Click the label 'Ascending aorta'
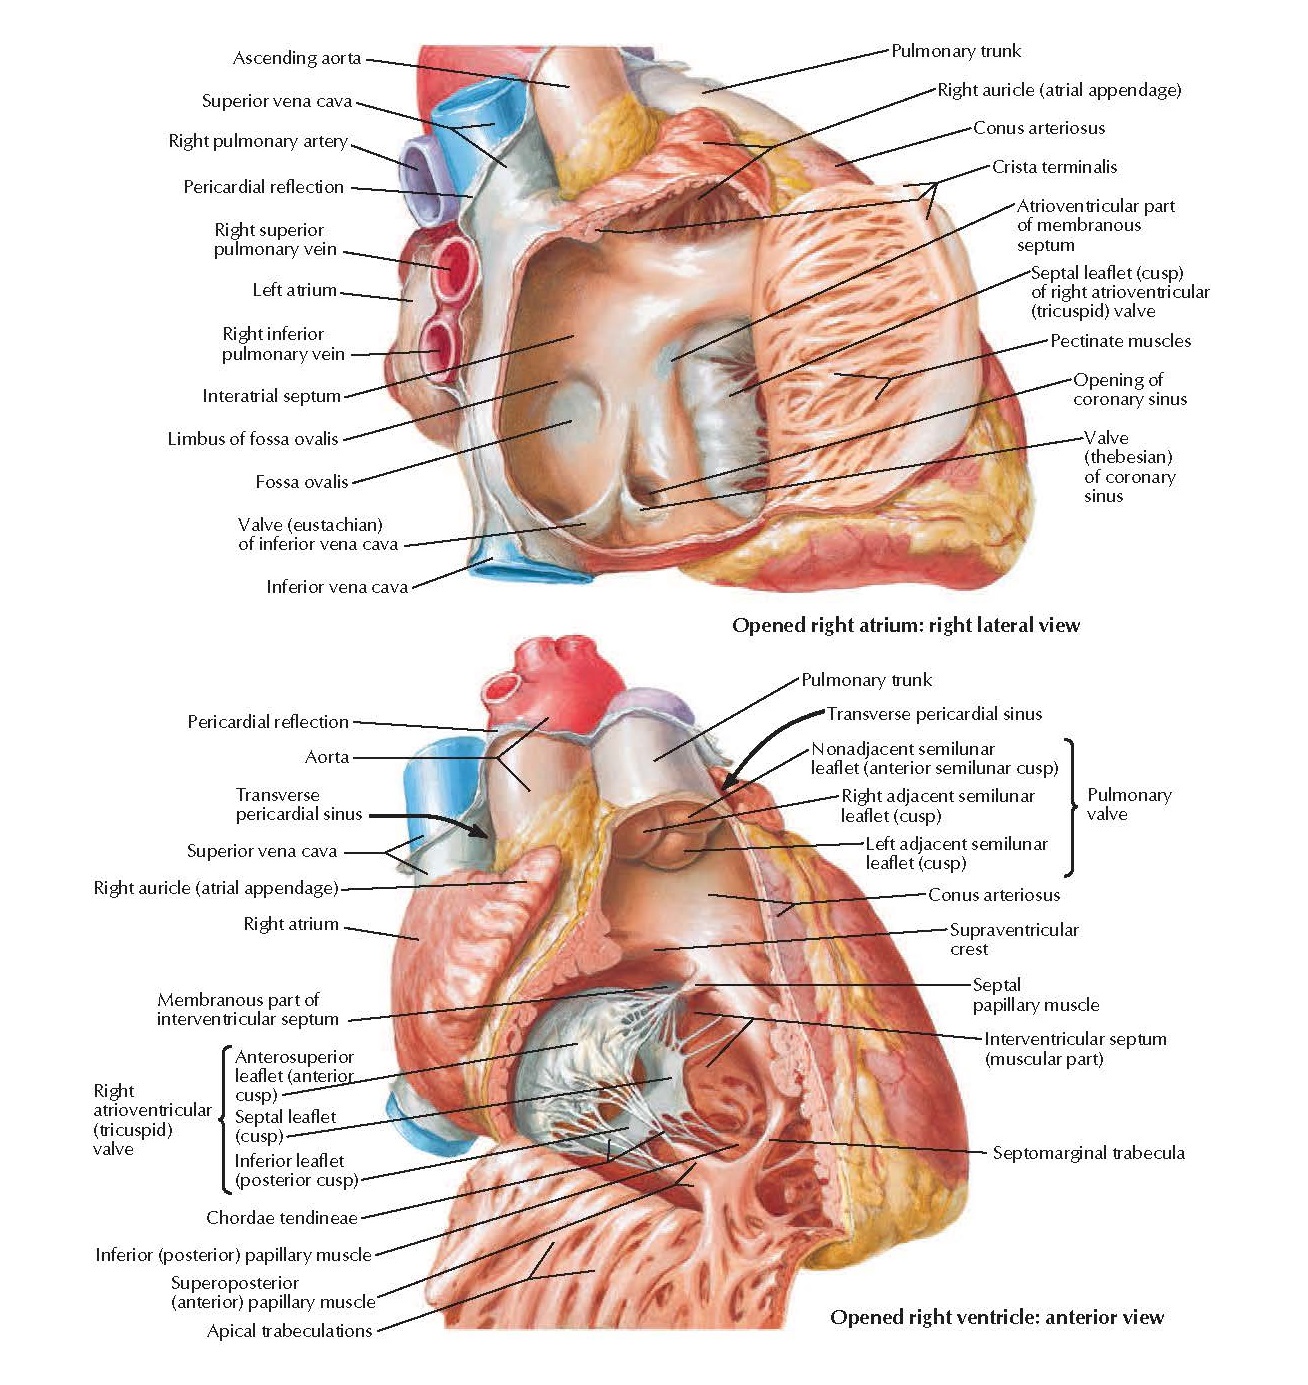[x=296, y=58]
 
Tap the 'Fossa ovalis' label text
[x=301, y=482]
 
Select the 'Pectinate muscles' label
[x=1120, y=341]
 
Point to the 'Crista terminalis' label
[x=1054, y=167]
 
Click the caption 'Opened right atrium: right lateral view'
[x=906, y=626]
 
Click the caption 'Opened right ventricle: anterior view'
[x=996, y=1318]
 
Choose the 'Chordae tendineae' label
[x=281, y=1218]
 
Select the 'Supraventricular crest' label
[x=1013, y=939]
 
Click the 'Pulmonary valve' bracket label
[x=1128, y=804]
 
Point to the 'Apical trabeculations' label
[x=289, y=1331]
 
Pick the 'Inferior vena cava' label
[x=336, y=587]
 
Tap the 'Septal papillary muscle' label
[x=1035, y=995]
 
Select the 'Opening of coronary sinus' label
[x=1129, y=389]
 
